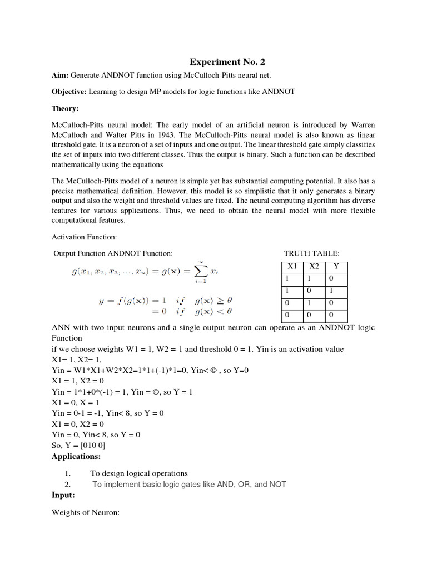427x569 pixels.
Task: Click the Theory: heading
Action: coord(66,109)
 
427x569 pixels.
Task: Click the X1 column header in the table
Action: coord(292,266)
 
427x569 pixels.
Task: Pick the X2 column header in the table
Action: coord(315,266)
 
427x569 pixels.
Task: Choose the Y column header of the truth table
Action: coord(336,266)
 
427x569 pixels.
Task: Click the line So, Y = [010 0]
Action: coord(78,446)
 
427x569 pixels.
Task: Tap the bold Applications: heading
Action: coord(76,456)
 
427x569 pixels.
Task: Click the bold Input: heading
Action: coord(63,495)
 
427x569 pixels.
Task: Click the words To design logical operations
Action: coord(139,473)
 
